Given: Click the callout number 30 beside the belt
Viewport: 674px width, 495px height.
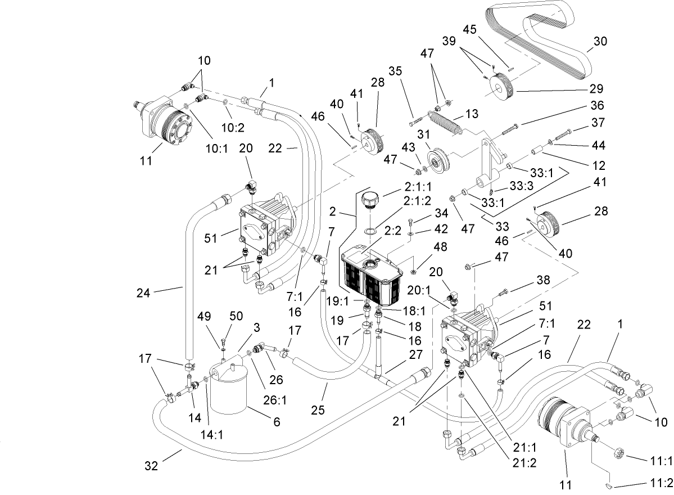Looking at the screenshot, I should coord(600,41).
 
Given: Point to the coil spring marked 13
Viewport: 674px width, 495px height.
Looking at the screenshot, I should coord(446,122).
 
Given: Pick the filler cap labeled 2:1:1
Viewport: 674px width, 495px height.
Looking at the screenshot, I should coord(369,200).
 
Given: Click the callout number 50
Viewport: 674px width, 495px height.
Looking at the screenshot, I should coord(236,317).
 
